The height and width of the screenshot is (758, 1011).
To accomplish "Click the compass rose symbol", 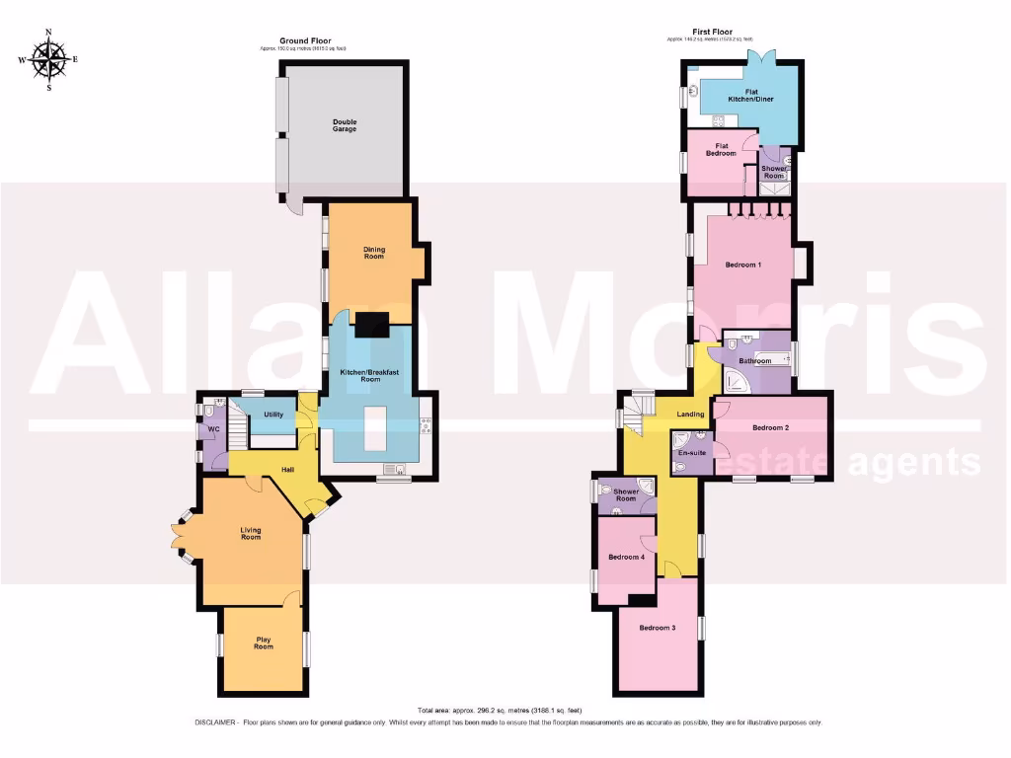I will [x=48, y=59].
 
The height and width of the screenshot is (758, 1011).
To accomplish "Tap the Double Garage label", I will [x=345, y=125].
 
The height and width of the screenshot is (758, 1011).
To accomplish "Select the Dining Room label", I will [x=373, y=253].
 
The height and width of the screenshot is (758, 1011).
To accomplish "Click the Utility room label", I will [x=273, y=415].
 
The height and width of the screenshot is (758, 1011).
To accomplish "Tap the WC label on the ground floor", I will [x=212, y=429].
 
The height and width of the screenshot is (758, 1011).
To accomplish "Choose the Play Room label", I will [x=264, y=643].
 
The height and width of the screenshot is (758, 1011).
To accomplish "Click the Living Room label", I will [x=251, y=534].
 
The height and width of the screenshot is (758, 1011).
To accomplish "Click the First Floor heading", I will [x=709, y=33].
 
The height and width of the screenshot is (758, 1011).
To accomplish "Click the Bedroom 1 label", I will [x=742, y=265].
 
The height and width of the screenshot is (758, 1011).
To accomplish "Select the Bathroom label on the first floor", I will [x=754, y=361].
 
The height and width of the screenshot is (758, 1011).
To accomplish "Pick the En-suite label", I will [x=692, y=453].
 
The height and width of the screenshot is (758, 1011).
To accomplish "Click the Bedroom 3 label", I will [x=657, y=628].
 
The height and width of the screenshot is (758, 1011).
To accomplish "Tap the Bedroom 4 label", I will [x=626, y=558].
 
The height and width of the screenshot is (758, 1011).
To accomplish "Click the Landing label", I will [x=690, y=415].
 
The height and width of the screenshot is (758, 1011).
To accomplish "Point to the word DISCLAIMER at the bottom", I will [x=216, y=722].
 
